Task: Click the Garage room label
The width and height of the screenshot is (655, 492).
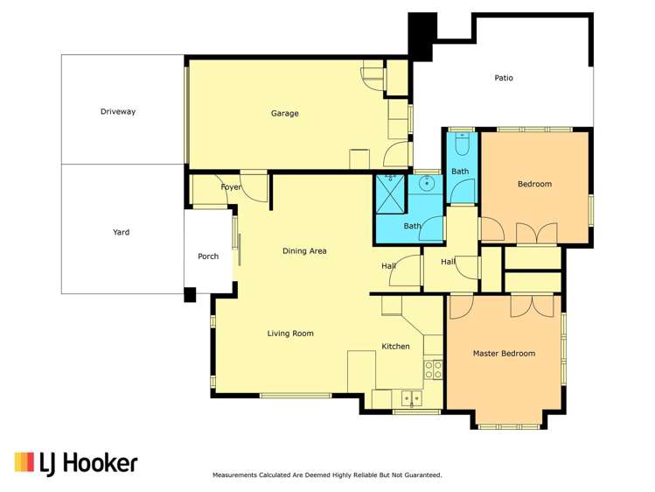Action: [284, 114]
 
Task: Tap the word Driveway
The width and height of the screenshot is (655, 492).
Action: [118, 112]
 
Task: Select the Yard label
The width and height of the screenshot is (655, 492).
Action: [122, 232]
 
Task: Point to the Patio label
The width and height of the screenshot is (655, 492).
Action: [504, 79]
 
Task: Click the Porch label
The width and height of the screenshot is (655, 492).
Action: [208, 257]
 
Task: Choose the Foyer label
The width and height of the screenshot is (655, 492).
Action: [231, 187]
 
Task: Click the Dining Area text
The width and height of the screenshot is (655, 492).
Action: [304, 251]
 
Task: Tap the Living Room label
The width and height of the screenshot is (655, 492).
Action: [290, 334]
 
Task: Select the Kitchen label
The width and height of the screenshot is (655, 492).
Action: [395, 347]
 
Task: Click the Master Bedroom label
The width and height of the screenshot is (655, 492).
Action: [504, 354]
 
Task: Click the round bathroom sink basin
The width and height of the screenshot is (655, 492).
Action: [427, 184]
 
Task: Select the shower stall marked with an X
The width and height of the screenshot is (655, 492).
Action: [390, 193]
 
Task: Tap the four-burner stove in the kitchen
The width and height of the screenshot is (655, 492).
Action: [433, 369]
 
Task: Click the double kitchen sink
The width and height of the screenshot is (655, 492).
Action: [410, 399]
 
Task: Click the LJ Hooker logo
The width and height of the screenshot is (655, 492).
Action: [76, 463]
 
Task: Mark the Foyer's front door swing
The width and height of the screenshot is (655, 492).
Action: [254, 187]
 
